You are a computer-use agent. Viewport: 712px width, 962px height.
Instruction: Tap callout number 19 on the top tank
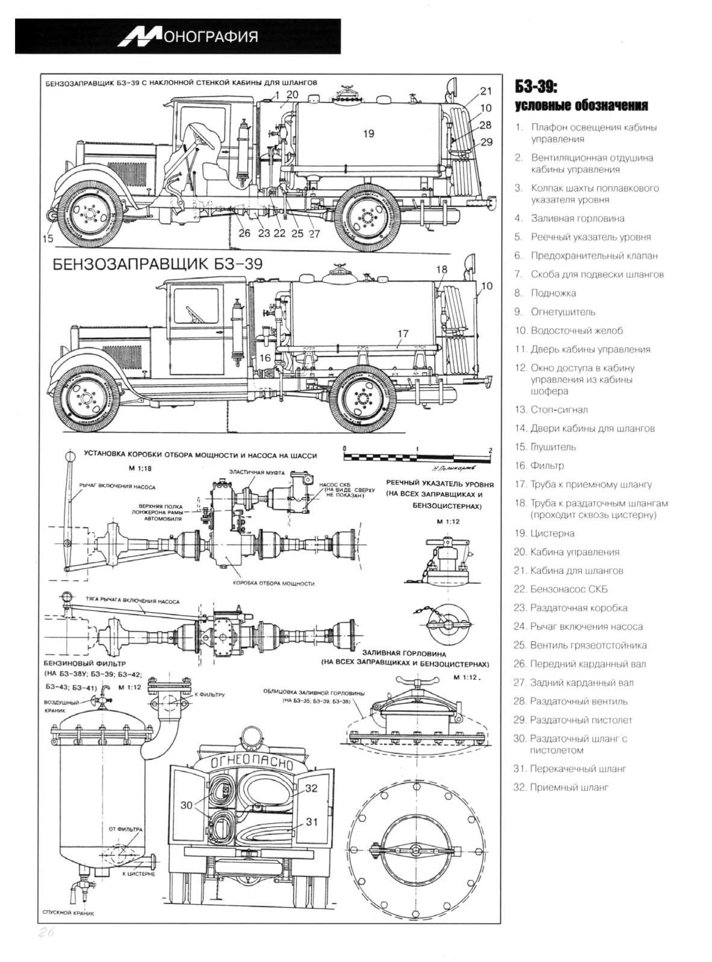click(369, 134)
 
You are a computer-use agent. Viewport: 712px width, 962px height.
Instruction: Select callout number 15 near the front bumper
click(48, 238)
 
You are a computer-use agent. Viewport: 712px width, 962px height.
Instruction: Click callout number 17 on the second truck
click(403, 333)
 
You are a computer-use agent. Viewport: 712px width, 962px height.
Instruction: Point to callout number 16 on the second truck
click(265, 358)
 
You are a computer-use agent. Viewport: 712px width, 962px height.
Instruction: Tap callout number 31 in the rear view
click(311, 822)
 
